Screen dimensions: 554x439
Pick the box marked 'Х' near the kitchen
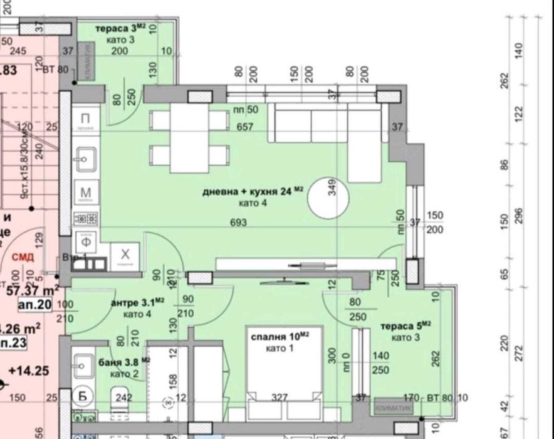[125, 255]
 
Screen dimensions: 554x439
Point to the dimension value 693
[238, 223]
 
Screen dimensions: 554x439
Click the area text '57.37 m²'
[33, 290]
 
